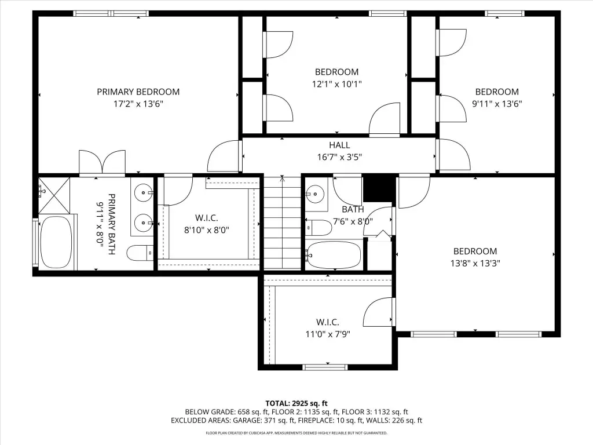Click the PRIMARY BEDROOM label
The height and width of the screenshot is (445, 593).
(138, 92)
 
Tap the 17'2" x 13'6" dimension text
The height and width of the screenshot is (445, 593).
(138, 104)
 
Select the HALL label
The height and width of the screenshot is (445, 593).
(339, 145)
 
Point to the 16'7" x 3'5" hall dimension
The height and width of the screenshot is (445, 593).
(339, 157)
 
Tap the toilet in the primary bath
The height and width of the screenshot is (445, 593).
(140, 253)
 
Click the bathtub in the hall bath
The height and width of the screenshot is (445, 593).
(334, 255)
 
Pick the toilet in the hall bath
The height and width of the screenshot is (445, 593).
(319, 227)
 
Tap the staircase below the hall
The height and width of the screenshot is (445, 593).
(282, 222)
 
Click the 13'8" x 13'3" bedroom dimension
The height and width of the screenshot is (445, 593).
(475, 264)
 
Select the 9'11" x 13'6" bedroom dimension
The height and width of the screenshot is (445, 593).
(497, 104)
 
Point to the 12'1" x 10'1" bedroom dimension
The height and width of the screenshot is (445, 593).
(336, 84)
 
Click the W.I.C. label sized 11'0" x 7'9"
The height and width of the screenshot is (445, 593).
(328, 322)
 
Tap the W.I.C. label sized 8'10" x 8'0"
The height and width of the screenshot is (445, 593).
(207, 218)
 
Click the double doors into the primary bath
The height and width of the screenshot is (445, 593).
(102, 163)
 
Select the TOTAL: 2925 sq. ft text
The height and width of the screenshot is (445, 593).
(296, 403)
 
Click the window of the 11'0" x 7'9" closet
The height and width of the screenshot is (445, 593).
(325, 367)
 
